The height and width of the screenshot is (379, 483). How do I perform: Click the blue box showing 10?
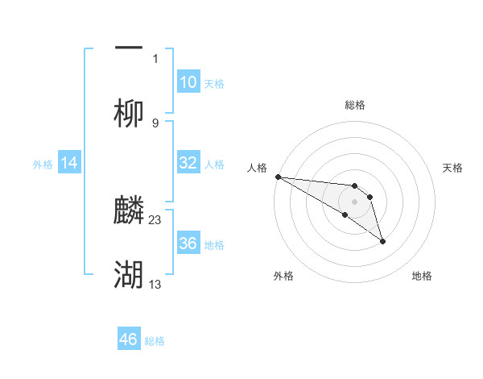[188, 82]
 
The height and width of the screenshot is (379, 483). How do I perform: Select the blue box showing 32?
[188, 163]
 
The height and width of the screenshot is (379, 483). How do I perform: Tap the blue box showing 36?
[188, 244]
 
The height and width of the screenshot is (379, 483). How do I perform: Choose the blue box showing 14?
[69, 163]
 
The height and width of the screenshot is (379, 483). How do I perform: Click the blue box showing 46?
[129, 339]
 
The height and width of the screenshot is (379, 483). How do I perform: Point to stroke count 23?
[156, 219]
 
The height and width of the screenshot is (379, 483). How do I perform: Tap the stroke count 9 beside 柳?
[155, 123]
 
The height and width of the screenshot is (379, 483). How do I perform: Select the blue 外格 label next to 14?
[43, 164]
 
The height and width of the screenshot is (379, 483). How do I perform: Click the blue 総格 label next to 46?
[155, 341]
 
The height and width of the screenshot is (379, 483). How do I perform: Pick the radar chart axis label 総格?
[355, 105]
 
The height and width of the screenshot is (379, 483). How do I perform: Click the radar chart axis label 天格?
[453, 168]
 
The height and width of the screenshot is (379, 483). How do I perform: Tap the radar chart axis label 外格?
[283, 276]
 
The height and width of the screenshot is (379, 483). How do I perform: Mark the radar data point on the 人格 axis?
[277, 177]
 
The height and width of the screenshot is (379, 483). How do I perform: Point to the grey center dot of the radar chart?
[354, 201]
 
